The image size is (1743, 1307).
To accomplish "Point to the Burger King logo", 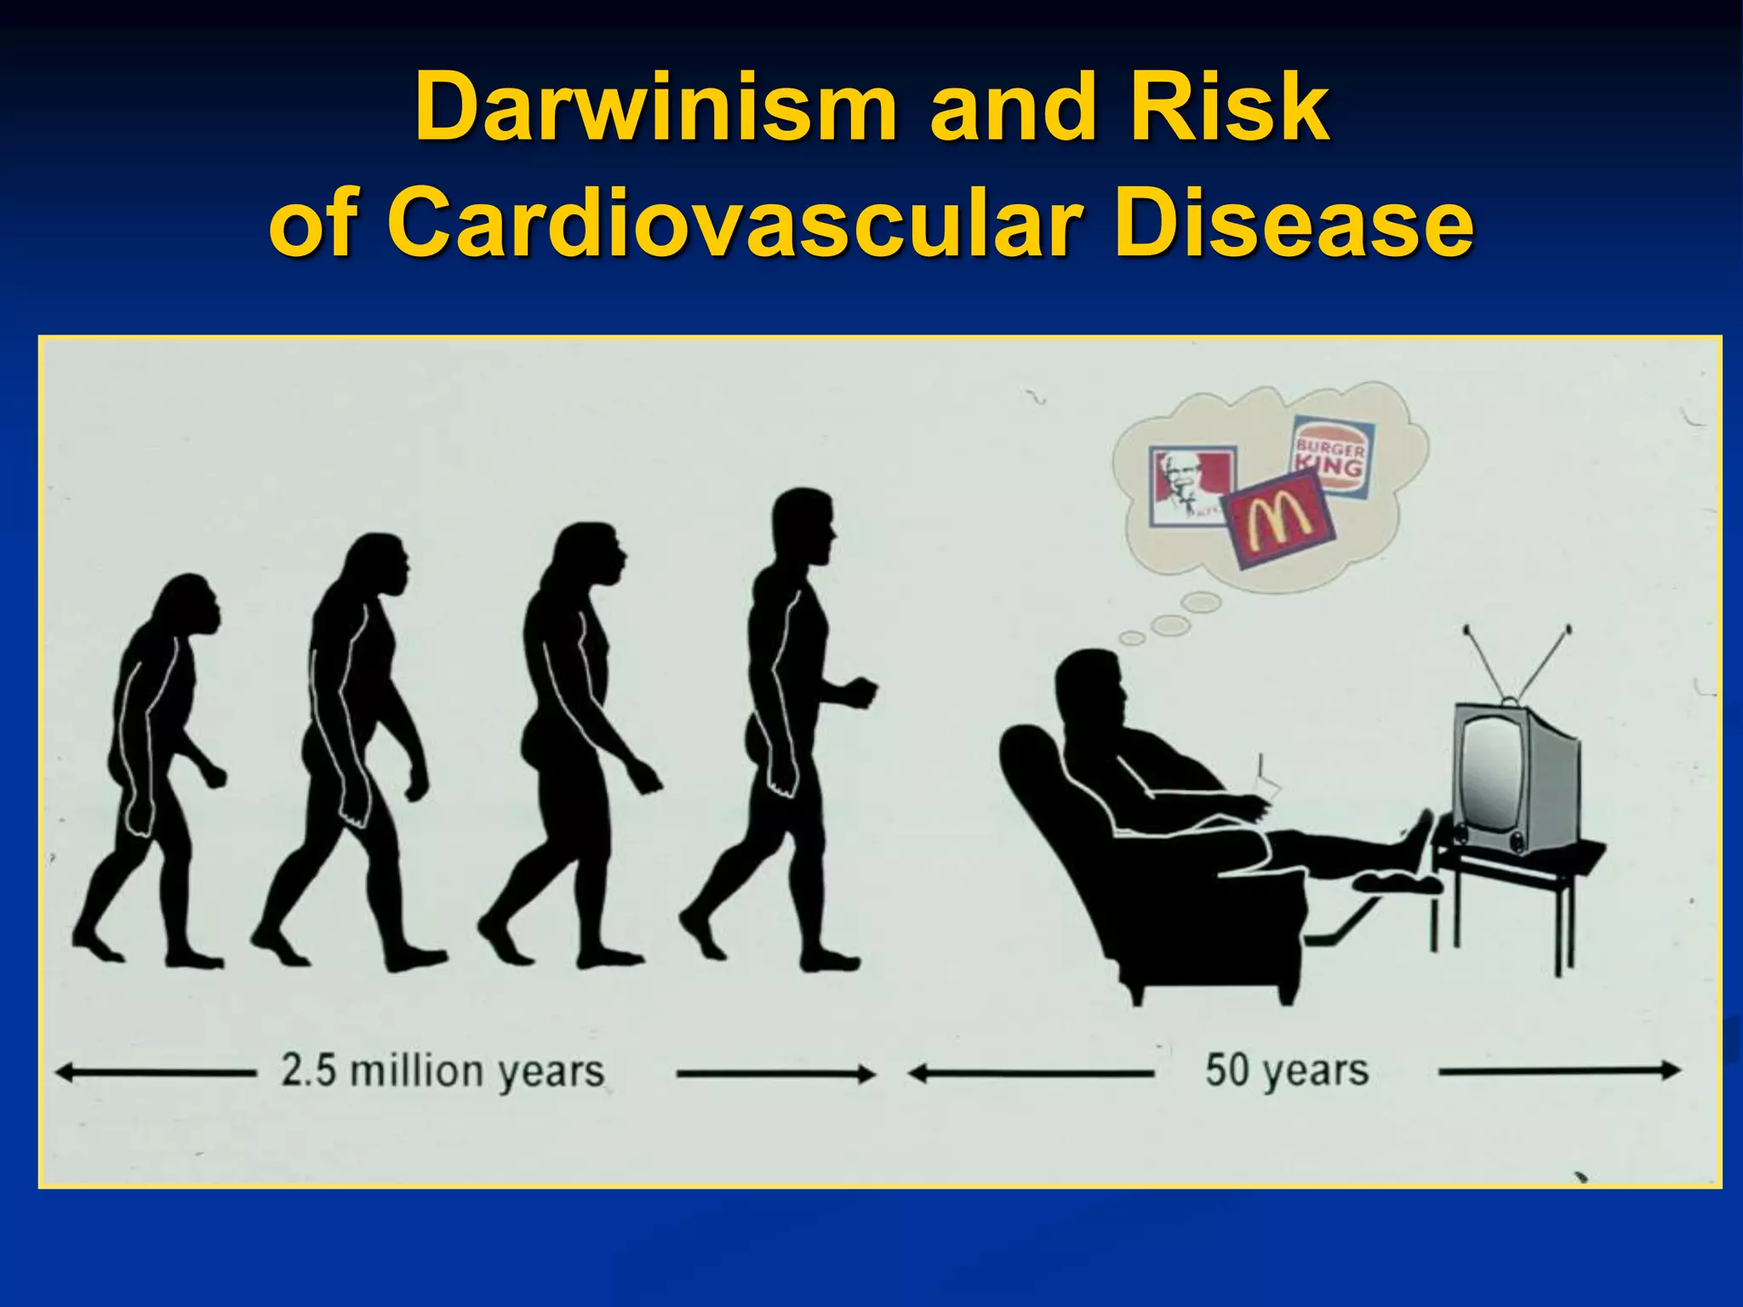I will [1330, 456].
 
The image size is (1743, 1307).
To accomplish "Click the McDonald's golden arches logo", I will [1279, 520].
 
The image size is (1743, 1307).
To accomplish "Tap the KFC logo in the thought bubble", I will [1190, 485].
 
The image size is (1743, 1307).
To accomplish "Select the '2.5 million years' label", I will [443, 1070].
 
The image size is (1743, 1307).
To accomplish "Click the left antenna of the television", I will [1485, 664].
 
